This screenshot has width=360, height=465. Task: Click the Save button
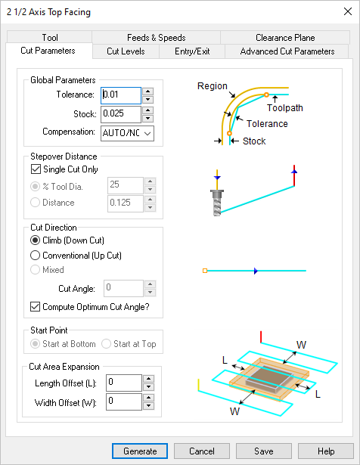pos(264,451)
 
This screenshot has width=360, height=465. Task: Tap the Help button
pos(326,451)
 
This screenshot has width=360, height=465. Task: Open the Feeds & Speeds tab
pos(156,38)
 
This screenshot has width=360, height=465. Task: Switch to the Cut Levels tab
pos(126,51)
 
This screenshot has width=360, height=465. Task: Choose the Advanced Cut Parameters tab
pos(287,51)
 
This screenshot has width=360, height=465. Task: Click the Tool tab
pos(50,38)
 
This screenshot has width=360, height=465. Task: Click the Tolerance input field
pos(121,95)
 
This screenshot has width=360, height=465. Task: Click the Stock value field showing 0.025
pos(121,114)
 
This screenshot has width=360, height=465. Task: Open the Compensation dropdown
pos(127,133)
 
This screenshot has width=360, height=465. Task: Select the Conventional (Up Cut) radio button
pos(35,256)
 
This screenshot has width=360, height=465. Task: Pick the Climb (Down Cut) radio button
pos(35,240)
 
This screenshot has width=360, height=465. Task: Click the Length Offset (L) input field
pos(124,383)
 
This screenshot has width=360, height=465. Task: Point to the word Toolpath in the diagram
pos(284,108)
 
